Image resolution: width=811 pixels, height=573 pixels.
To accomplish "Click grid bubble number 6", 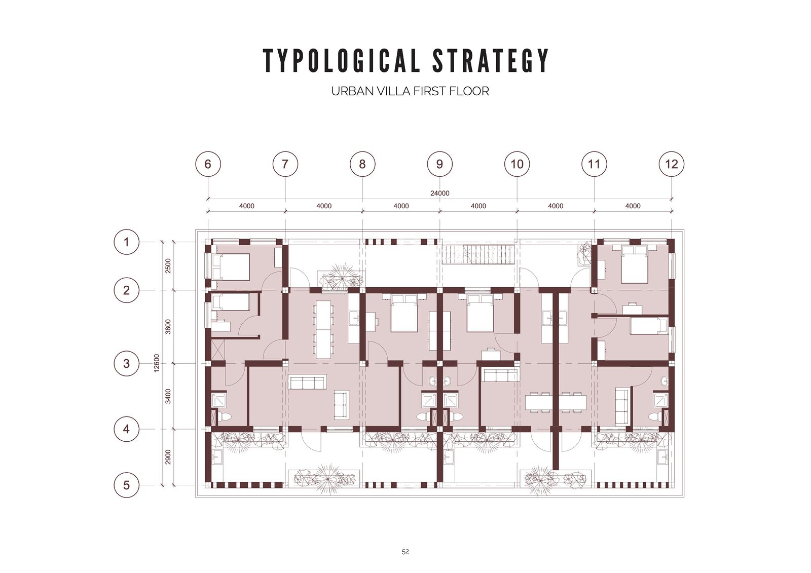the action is (x=208, y=164).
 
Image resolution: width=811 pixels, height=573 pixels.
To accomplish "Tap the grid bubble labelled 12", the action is (x=671, y=164).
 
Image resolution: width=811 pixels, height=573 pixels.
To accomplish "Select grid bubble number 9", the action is (x=439, y=164).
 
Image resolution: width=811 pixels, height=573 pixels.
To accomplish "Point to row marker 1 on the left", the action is (x=126, y=242).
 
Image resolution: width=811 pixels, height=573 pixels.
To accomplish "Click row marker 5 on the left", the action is (x=126, y=485).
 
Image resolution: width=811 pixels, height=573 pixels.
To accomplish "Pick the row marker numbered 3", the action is (x=126, y=363).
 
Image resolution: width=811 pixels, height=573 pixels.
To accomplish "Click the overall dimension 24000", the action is (x=439, y=194).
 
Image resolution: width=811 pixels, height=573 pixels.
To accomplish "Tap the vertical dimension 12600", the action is (x=157, y=363).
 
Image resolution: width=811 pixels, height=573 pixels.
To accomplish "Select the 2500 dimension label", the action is (x=168, y=266).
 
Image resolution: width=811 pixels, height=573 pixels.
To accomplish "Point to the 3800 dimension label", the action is (x=168, y=326).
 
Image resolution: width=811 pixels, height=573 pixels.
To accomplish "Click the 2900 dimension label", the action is (x=168, y=457).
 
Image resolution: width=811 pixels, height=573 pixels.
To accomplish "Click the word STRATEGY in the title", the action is (x=491, y=60).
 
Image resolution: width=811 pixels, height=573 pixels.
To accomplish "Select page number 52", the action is (x=405, y=551).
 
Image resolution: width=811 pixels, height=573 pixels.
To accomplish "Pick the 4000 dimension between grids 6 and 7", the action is (x=246, y=206).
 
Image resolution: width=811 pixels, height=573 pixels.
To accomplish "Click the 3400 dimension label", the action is (x=168, y=396).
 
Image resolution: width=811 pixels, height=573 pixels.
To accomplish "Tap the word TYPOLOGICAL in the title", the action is (x=342, y=60).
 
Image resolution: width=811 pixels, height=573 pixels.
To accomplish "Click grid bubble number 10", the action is (x=517, y=164).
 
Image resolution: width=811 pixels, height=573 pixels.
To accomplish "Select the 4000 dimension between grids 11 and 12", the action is (x=633, y=206).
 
